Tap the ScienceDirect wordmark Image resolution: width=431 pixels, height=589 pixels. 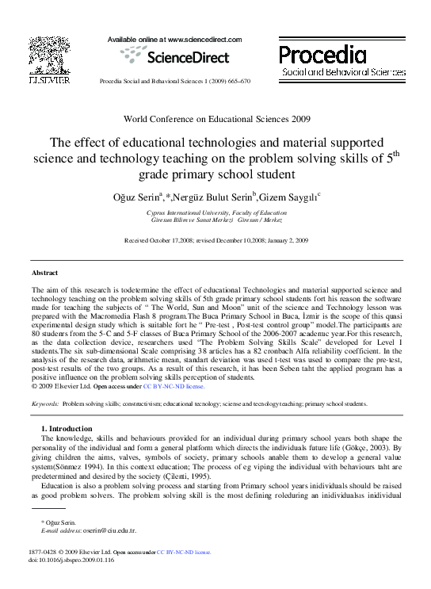pos(175,56)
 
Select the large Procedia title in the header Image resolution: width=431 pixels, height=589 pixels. pos(322,55)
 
